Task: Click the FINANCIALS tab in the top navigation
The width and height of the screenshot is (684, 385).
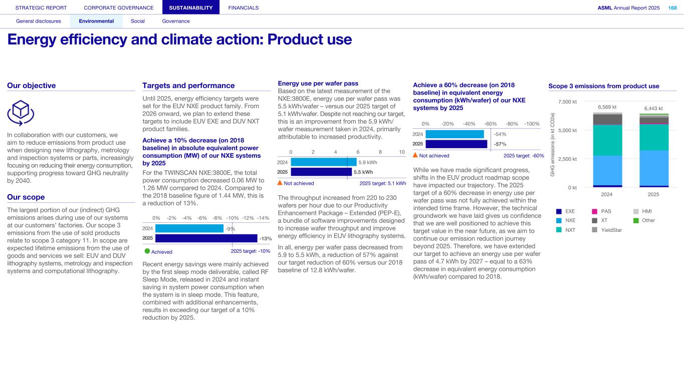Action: [x=243, y=8]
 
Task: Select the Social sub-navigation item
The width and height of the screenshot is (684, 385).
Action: [x=137, y=21]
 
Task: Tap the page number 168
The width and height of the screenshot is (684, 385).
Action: [x=672, y=8]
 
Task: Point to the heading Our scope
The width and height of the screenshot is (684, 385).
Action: [x=26, y=197]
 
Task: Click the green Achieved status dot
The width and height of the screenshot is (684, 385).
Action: [x=147, y=251]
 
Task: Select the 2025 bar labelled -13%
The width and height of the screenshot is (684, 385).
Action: [x=206, y=238]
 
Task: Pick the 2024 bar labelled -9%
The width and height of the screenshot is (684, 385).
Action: [x=189, y=228]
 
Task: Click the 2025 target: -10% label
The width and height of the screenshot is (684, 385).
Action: [x=250, y=251]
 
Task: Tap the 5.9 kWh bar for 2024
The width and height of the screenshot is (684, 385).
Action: [x=323, y=162]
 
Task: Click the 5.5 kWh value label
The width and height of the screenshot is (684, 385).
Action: [x=363, y=172]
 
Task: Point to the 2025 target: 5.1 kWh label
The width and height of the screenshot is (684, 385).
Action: [x=382, y=183]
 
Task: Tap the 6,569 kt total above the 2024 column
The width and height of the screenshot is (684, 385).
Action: [x=607, y=107]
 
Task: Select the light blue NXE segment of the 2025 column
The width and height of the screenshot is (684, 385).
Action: [x=653, y=168]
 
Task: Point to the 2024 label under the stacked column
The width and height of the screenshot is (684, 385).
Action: [x=607, y=194]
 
